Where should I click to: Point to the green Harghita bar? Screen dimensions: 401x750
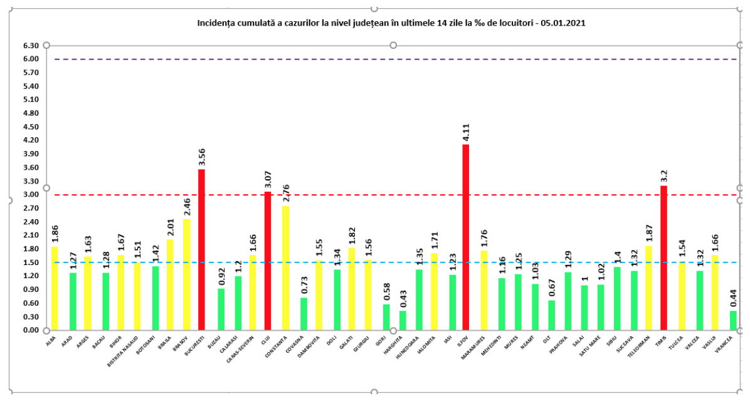point(403,320)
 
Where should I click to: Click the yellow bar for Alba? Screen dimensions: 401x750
point(55,288)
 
